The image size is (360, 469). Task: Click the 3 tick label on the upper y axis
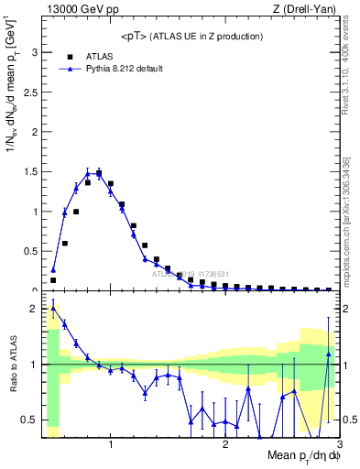[35, 53]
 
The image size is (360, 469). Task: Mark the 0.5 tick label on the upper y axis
[30, 250]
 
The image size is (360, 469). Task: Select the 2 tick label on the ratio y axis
[35, 309]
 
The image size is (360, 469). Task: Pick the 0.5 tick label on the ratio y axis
[30, 420]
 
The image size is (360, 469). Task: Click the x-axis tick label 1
[111, 445]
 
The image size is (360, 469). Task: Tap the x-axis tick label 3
[338, 445]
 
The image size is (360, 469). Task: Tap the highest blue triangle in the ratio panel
[53, 309]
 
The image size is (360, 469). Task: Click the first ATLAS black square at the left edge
[53, 280]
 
